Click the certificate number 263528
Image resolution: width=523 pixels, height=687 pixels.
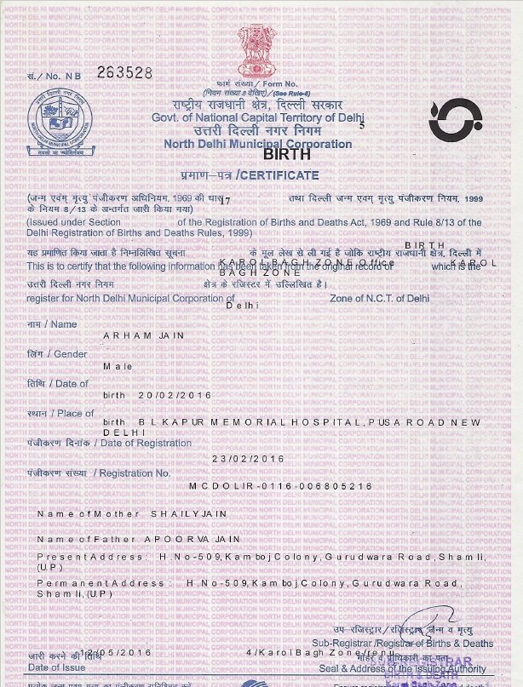(124, 72)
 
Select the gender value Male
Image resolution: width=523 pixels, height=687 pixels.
(118, 365)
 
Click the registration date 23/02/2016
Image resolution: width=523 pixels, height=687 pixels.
(248, 458)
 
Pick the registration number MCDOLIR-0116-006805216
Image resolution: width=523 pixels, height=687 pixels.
(280, 486)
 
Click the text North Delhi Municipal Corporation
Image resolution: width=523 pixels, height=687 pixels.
(257, 144)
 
